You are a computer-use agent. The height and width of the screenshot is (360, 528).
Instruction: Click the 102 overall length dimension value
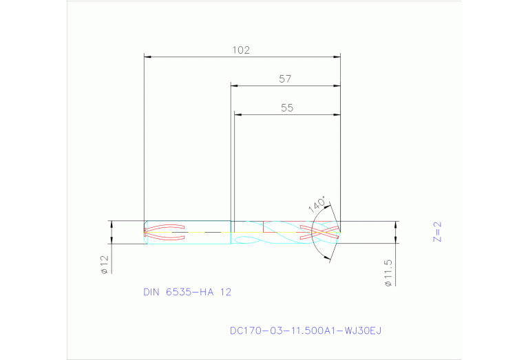(240, 50)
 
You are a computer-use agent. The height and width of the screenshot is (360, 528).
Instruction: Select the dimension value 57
(285, 79)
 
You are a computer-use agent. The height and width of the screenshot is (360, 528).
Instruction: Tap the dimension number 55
(287, 108)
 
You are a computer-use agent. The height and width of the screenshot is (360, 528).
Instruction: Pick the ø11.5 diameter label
(388, 273)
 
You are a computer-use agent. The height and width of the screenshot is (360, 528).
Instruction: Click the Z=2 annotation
(436, 231)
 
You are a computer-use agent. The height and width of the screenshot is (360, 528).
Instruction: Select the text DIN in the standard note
(151, 292)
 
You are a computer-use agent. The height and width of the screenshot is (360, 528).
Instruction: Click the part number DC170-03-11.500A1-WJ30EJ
(305, 330)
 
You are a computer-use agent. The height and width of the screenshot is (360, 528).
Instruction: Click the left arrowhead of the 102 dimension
(146, 56)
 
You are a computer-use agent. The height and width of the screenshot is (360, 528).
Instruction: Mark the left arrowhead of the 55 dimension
(237, 115)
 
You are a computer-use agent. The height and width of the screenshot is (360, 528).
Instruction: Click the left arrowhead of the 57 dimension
(233, 86)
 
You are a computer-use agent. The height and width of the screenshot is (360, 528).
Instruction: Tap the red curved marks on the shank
(165, 232)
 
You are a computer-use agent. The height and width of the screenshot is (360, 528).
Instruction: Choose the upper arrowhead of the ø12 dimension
(111, 224)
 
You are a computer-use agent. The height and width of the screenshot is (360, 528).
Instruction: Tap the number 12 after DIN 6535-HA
(226, 292)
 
